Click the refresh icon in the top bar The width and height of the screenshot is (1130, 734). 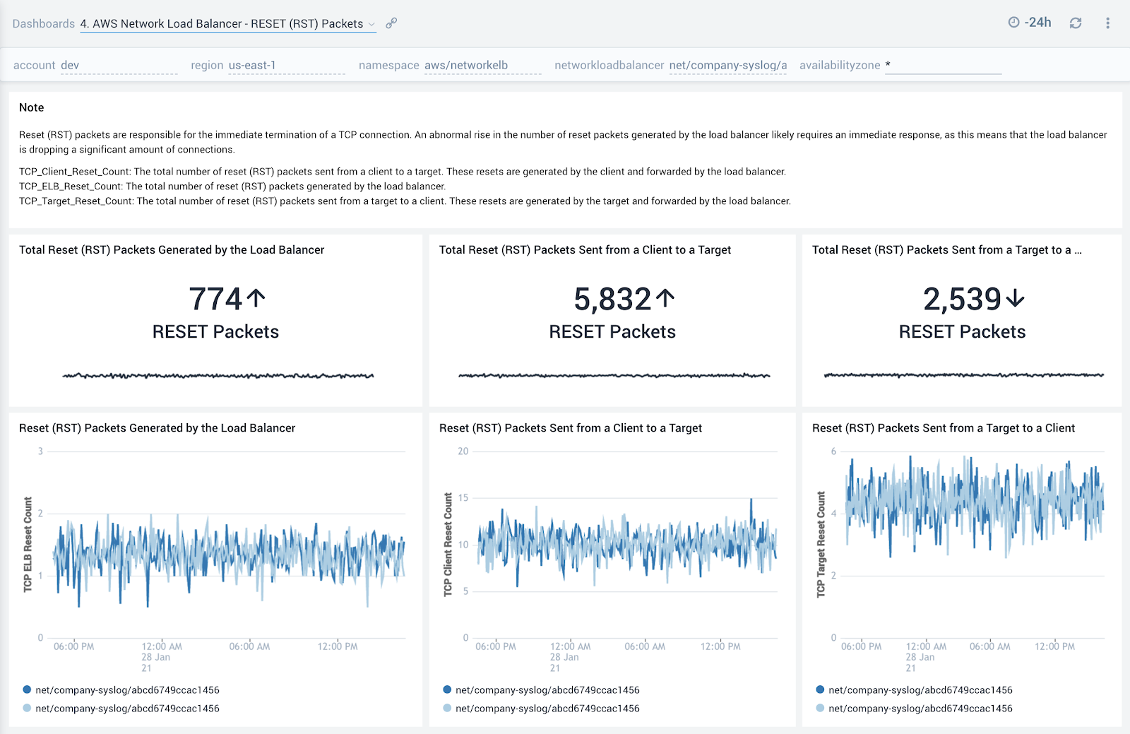click(1076, 23)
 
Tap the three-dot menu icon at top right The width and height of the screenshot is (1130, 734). click(1107, 23)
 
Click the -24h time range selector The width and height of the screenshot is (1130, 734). click(1030, 23)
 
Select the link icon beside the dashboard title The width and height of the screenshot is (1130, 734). click(391, 23)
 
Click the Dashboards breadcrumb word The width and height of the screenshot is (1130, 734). click(43, 24)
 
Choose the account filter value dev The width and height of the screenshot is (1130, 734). click(70, 66)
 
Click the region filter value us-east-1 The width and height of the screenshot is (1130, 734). click(252, 66)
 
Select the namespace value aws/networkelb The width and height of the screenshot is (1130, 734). click(466, 66)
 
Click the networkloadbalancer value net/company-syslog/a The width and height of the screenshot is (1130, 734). click(728, 66)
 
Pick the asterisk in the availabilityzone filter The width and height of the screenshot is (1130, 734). click(888, 65)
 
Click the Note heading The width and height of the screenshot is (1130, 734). click(32, 107)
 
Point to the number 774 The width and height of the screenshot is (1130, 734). click(215, 300)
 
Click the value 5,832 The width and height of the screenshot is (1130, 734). click(612, 300)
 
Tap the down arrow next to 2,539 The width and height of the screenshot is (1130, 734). click(1015, 299)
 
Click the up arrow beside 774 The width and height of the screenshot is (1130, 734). click(256, 298)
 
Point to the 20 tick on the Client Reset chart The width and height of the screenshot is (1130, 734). click(463, 451)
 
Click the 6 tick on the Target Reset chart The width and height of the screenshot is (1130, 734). click(833, 451)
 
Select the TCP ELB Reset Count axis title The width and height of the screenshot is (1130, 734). click(28, 544)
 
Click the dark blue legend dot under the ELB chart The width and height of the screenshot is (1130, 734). click(27, 689)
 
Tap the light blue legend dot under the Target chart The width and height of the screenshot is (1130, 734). click(820, 708)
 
